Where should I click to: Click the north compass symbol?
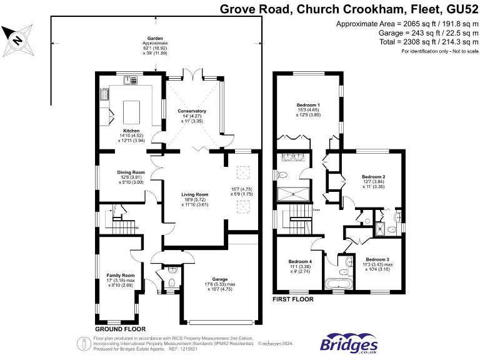17,39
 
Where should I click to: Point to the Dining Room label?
131,172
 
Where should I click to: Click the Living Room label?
194,195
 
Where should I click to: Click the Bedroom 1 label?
308,105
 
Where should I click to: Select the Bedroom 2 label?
374,177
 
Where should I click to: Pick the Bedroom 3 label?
377,259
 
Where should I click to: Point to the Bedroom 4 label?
300,261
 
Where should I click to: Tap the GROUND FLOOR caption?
120,329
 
